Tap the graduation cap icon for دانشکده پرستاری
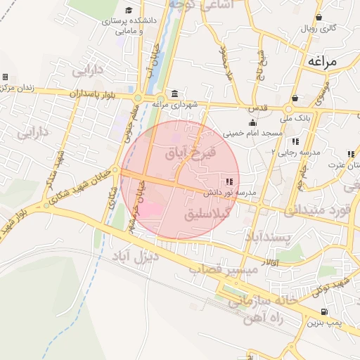(129, 11)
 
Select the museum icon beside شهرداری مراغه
(174, 95)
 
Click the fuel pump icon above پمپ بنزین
(323, 312)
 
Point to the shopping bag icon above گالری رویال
(319, 18)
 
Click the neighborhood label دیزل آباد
(136, 257)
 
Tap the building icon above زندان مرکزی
(5, 77)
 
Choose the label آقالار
(269, 262)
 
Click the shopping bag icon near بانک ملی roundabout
(295, 98)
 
